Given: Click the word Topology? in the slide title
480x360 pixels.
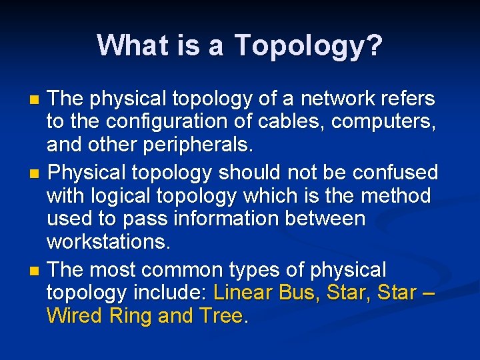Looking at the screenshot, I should point(309,45).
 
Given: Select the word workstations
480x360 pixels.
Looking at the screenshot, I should point(109,241).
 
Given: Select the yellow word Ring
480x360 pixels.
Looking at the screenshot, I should point(129,316).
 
